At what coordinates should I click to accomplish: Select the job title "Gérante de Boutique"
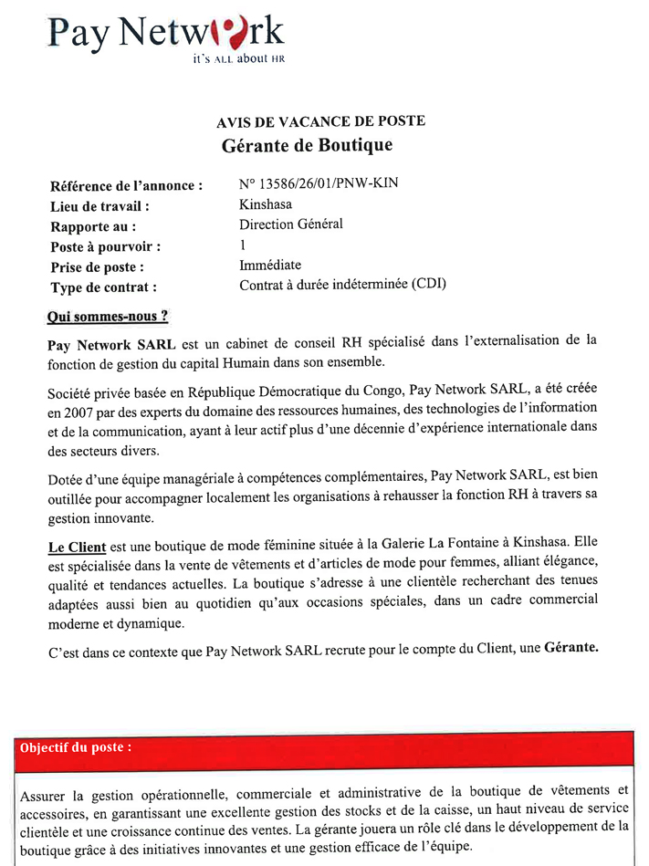pyautogui.click(x=307, y=145)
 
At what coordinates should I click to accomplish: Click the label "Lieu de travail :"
pyautogui.click(x=99, y=206)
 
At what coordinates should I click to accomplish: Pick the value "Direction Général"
pyautogui.click(x=291, y=224)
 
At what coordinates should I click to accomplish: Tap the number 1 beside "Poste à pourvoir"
pyautogui.click(x=243, y=245)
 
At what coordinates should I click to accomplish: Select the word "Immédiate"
pyautogui.click(x=270, y=265)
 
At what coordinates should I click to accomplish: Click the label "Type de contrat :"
pyautogui.click(x=103, y=287)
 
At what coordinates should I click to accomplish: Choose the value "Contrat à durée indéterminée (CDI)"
pyautogui.click(x=342, y=285)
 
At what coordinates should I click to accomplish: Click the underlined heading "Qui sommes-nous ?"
pyautogui.click(x=108, y=317)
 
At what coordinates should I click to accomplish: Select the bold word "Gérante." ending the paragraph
pyautogui.click(x=571, y=649)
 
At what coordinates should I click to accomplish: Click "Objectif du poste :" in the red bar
pyautogui.click(x=76, y=746)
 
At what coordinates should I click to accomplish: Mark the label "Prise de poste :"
pyautogui.click(x=97, y=266)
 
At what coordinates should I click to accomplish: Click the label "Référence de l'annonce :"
pyautogui.click(x=126, y=186)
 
